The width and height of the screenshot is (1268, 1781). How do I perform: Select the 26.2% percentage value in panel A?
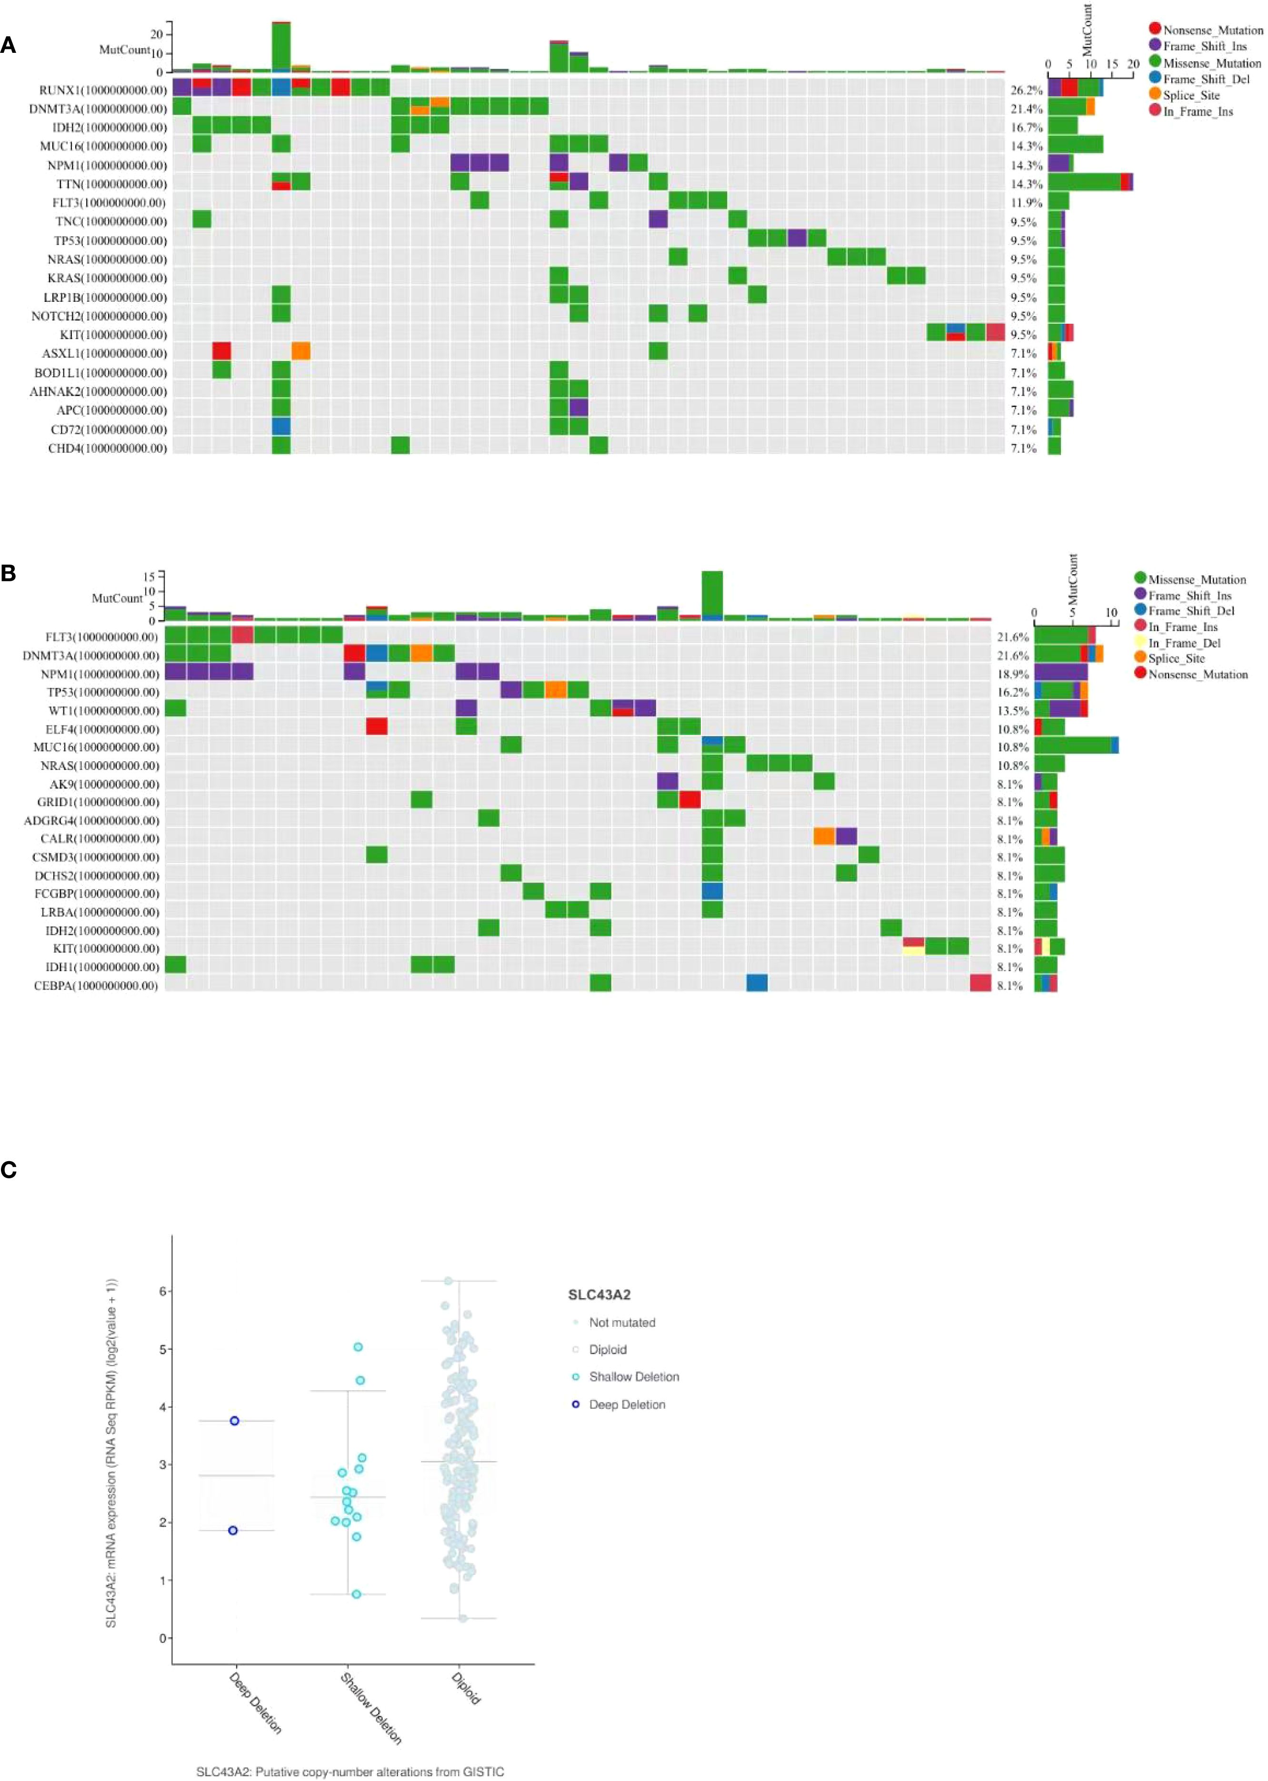coord(1026,90)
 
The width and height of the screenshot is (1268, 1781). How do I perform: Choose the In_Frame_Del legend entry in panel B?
coord(1184,643)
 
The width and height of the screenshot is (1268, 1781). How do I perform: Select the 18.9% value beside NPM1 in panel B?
coord(1013,674)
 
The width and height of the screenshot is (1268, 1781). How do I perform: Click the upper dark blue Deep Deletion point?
coord(234,1421)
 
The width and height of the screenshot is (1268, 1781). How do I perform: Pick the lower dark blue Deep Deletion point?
coord(233,1531)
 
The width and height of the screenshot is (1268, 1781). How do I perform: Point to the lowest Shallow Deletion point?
coord(356,1594)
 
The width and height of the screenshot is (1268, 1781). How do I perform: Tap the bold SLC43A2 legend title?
coord(599,1295)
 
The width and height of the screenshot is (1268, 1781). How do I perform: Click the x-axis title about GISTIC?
coord(350,1771)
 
